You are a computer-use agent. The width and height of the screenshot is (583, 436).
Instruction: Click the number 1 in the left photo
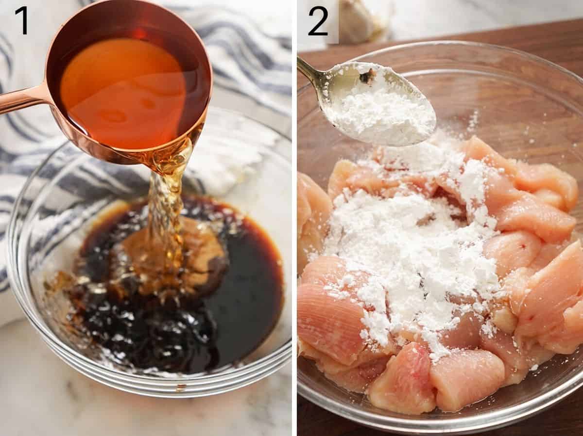click(x=21, y=20)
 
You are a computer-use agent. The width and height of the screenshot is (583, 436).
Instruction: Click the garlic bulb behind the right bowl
click(x=360, y=19)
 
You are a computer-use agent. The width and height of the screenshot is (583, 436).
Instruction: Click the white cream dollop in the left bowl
click(x=228, y=165)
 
